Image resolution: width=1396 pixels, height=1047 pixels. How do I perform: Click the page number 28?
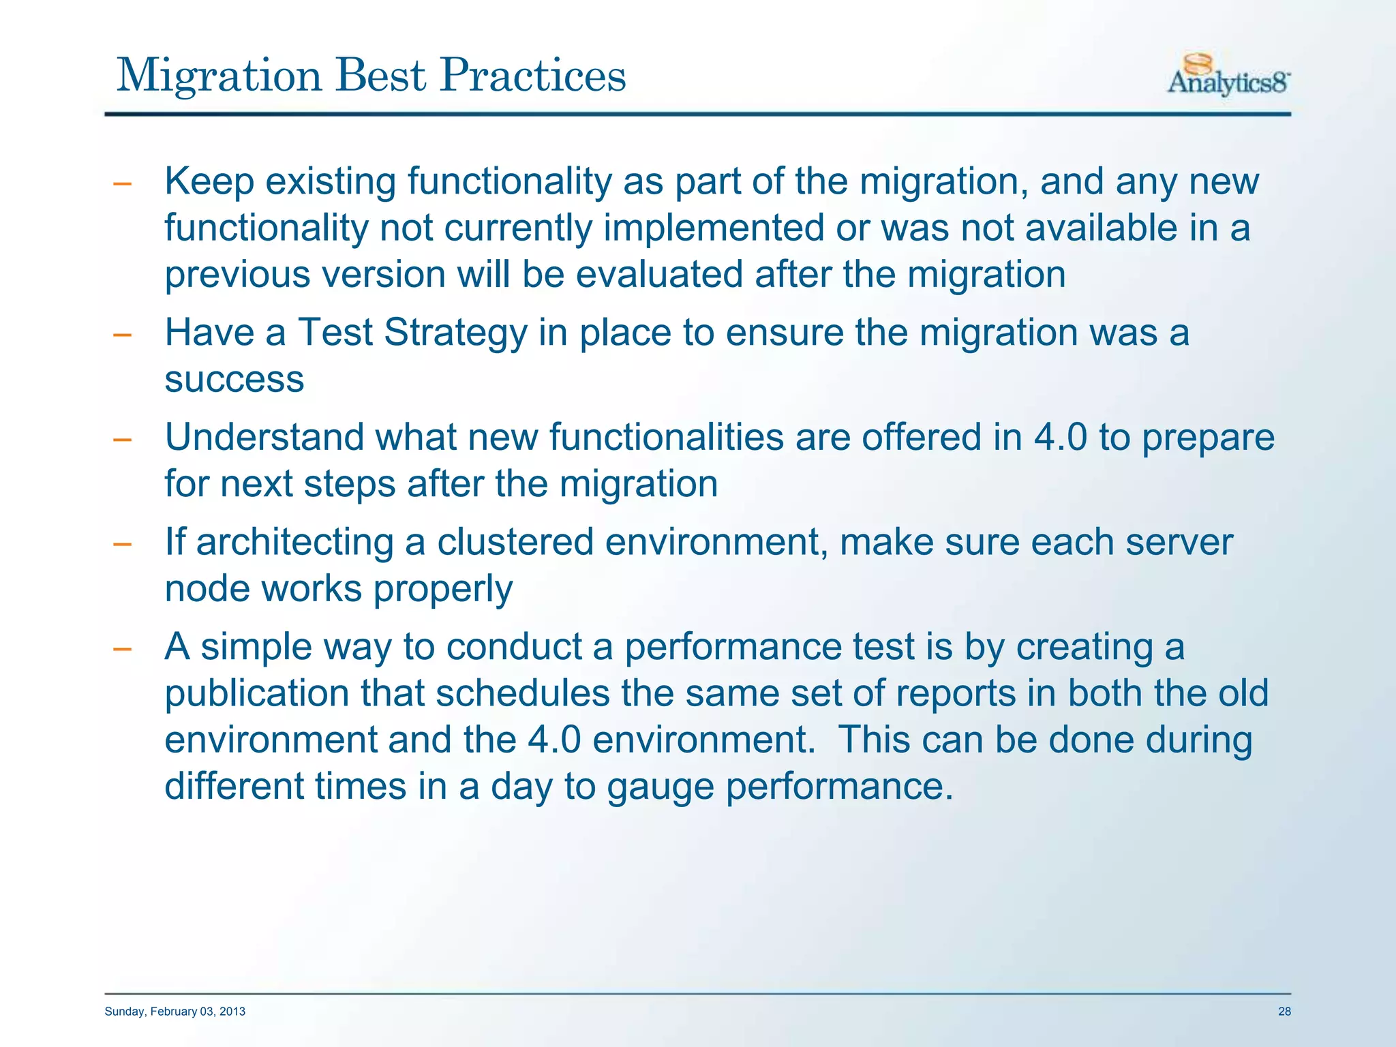click(x=1284, y=1012)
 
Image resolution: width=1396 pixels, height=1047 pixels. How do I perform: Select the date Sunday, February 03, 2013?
click(x=175, y=1012)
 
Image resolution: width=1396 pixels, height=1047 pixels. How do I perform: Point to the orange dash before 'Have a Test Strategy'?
click(x=122, y=335)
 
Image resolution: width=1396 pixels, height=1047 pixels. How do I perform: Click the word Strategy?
click(x=455, y=334)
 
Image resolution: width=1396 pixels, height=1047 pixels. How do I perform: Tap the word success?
click(x=234, y=380)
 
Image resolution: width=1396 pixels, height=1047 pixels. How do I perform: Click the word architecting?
click(x=294, y=543)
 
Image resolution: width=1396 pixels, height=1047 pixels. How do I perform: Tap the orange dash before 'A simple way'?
click(x=122, y=649)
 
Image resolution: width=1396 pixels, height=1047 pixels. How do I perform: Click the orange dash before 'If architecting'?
click(x=122, y=545)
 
